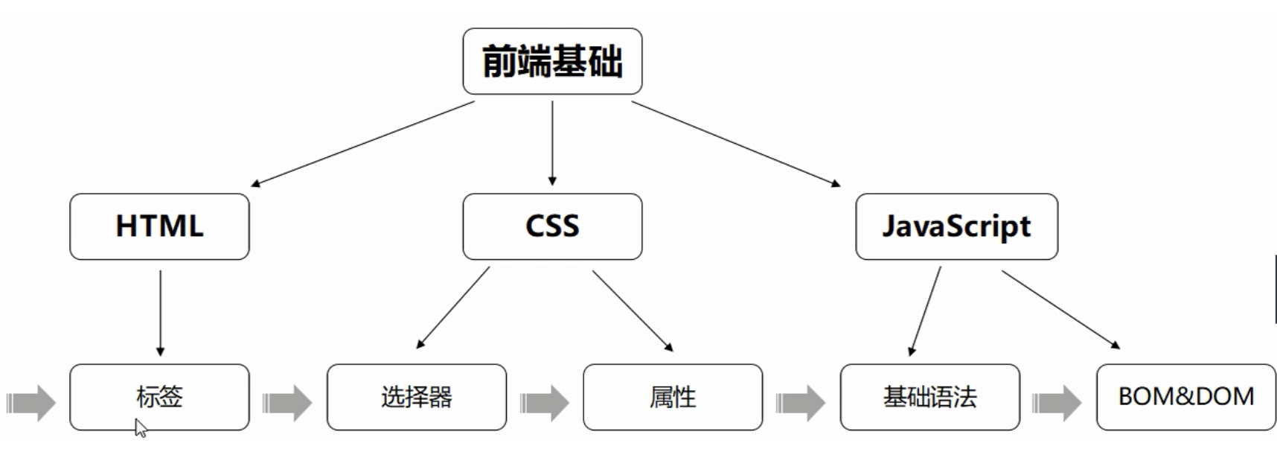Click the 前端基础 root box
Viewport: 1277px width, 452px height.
point(552,61)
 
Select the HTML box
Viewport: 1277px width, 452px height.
point(159,226)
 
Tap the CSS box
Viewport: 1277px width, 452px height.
point(552,226)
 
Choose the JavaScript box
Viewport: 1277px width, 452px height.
point(956,226)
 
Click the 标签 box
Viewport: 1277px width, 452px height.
point(159,397)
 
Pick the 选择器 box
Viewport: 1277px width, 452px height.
point(417,397)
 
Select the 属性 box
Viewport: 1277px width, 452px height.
point(673,397)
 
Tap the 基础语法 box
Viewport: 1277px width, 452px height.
point(930,397)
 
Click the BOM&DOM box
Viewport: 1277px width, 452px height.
point(1186,397)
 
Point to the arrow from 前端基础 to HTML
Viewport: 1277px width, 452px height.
point(362,144)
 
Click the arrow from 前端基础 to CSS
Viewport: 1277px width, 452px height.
point(552,143)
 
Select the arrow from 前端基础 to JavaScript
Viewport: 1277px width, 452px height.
point(736,144)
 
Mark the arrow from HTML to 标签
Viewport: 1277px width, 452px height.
point(160,313)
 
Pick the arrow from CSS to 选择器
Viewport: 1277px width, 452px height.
point(452,308)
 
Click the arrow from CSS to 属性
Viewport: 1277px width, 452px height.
point(633,311)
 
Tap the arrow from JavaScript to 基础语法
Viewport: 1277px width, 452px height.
point(925,311)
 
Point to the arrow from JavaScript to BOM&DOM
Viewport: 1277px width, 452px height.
point(1061,310)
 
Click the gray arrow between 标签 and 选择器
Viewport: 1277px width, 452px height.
point(287,403)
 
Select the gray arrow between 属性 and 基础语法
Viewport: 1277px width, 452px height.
point(801,403)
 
